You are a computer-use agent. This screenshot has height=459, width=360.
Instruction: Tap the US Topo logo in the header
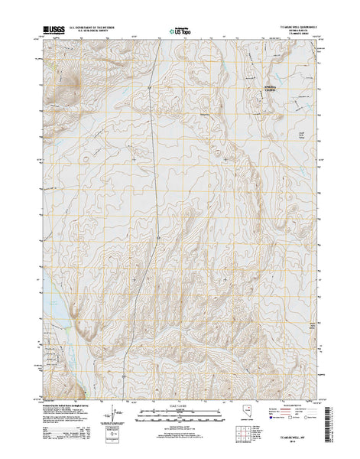[181, 33]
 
